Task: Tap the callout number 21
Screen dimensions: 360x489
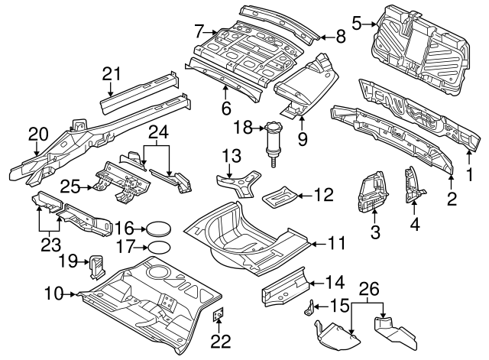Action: tap(112, 73)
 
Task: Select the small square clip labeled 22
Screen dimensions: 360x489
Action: tap(218, 313)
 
